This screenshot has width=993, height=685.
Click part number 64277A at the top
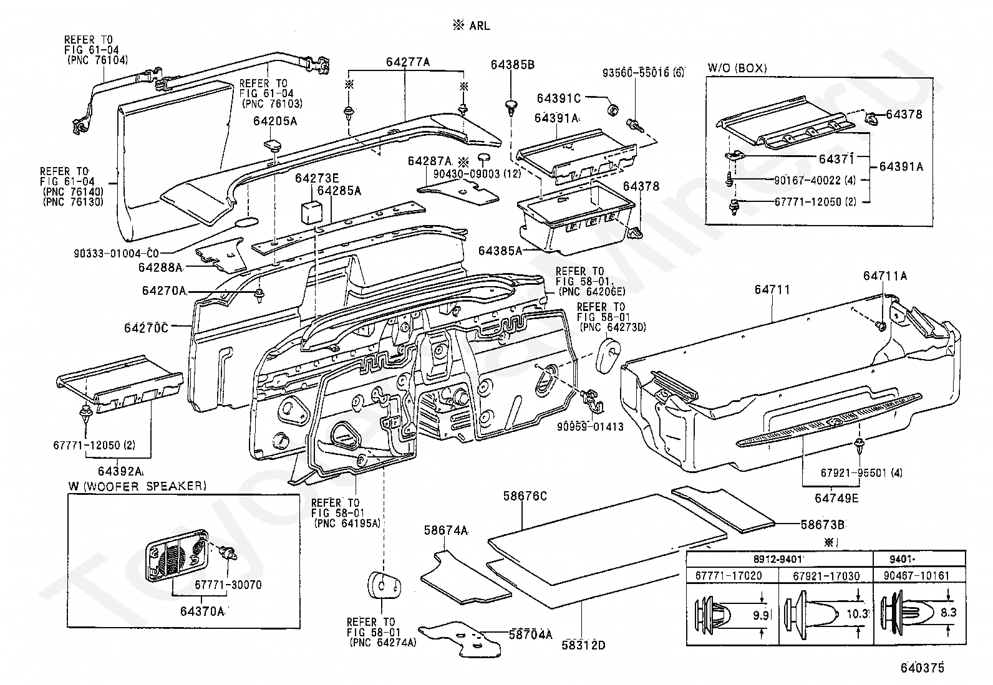click(x=408, y=62)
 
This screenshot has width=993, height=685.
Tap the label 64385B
click(x=512, y=64)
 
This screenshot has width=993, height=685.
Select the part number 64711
click(x=772, y=289)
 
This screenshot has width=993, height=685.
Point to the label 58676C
click(x=525, y=496)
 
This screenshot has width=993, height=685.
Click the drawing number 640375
click(x=921, y=668)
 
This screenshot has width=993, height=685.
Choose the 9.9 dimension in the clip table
click(x=761, y=615)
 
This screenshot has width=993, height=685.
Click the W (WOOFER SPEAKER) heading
click(x=137, y=486)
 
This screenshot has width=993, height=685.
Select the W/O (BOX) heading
click(x=737, y=68)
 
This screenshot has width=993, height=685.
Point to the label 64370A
click(x=201, y=611)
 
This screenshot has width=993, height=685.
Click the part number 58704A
click(x=530, y=635)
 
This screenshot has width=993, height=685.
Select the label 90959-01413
click(x=590, y=427)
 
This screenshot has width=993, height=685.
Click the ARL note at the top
click(x=472, y=26)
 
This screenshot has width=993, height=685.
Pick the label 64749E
click(x=836, y=498)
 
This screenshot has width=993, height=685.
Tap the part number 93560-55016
click(x=642, y=73)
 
